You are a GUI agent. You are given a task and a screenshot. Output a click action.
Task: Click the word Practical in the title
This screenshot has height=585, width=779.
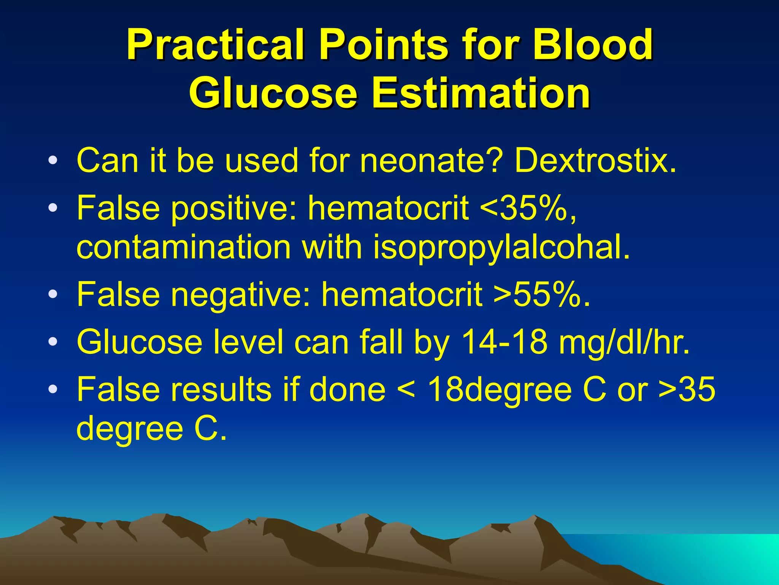[x=215, y=45]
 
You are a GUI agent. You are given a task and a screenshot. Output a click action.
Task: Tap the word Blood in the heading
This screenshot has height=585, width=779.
[x=592, y=45]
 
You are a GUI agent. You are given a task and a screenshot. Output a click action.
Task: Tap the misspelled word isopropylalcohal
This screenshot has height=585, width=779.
[x=501, y=248]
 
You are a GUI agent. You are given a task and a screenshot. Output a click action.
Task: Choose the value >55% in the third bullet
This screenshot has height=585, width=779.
[x=542, y=294]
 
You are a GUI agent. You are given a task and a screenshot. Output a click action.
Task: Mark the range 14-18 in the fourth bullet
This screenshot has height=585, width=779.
[x=504, y=342]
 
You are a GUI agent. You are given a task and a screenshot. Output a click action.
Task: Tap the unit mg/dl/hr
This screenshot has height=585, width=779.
[x=624, y=342]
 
